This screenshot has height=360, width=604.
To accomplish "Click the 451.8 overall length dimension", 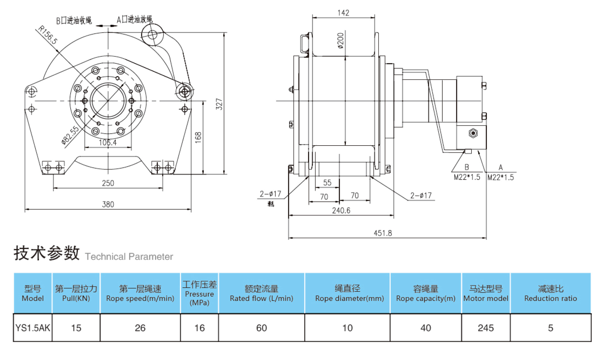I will pos(383,233).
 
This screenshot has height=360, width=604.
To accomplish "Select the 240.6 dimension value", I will pos(341,210).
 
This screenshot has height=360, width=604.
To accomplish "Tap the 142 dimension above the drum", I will pos(343,13).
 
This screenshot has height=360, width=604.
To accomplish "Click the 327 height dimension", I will pos(219,104).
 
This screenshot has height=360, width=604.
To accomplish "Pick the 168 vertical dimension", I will pos(198,138).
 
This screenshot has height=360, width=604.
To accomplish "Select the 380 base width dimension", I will pos(108,204).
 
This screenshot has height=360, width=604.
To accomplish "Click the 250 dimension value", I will pos(108,183).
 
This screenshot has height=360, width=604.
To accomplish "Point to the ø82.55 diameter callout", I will pos(70,135).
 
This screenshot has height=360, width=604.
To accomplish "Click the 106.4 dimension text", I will pos(108,142).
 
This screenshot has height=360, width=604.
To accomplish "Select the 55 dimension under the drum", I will pos(327,182).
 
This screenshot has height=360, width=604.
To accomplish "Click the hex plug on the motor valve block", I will pos(473,133).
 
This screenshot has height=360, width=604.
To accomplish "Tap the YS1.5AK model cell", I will pos(33,328).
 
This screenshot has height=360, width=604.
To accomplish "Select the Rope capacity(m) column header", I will pos(426,293).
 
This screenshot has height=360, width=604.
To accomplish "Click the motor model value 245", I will pos(486,328).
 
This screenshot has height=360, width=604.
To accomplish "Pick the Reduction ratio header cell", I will pos(550,293).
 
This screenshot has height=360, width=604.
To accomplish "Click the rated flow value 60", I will pos(261,328).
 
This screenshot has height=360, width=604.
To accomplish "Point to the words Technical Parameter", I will pos(129,256).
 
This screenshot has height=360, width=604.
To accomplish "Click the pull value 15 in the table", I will pos(76,328).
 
